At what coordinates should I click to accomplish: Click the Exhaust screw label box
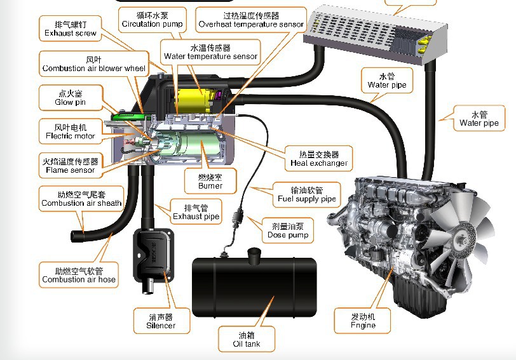(x=71, y=29)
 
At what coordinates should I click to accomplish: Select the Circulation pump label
(x=153, y=19)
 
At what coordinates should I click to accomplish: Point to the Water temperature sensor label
(x=210, y=51)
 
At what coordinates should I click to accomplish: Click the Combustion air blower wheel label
(x=94, y=63)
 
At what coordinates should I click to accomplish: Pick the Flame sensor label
(x=70, y=165)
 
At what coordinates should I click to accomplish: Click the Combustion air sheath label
(x=81, y=199)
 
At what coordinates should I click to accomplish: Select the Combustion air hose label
(x=79, y=275)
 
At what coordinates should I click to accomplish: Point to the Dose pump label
(x=288, y=230)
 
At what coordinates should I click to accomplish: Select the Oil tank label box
(x=247, y=340)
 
